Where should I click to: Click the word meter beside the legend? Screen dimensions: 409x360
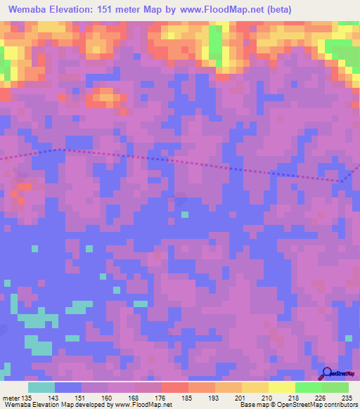click(x=11, y=398)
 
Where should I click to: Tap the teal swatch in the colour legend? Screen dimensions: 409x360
click(x=41, y=387)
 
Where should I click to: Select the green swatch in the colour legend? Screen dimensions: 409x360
click(x=309, y=387)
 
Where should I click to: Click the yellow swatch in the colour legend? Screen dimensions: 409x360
click(x=282, y=387)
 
